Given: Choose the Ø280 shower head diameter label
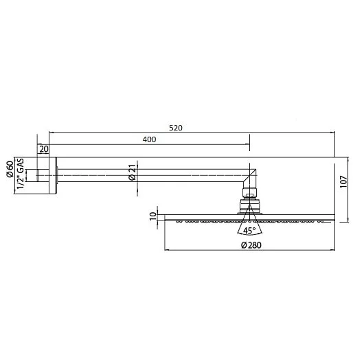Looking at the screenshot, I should click(x=250, y=244).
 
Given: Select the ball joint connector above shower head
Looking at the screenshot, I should click(x=250, y=203).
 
